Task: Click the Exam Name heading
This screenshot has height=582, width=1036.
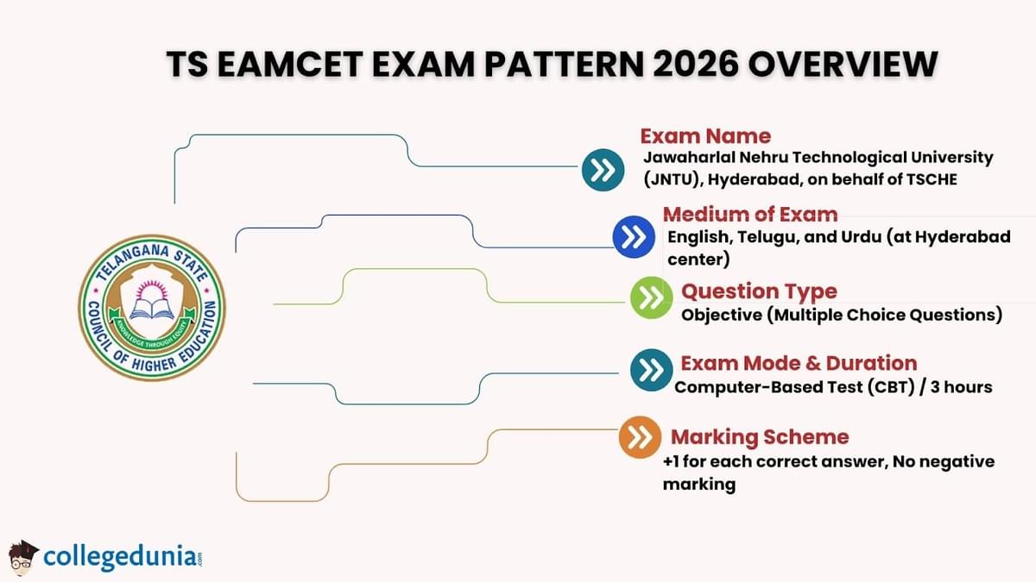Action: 704,136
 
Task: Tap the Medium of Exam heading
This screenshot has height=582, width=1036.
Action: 749,215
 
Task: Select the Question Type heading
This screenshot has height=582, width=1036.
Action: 759,291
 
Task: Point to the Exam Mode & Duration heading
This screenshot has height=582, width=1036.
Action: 799,363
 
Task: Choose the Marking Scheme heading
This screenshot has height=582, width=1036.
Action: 760,436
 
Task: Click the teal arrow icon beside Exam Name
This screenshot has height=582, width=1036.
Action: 603,170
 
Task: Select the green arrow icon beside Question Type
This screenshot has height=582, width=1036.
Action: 652,298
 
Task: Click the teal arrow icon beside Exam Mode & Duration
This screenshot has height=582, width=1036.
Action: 652,369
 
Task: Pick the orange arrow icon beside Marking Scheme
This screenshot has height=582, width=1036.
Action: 640,437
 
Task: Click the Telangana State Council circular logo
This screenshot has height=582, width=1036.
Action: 152,308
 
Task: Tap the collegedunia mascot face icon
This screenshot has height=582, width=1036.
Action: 22,555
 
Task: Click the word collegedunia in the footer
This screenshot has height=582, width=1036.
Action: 119,554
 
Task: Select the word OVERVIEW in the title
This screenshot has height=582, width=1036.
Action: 853,66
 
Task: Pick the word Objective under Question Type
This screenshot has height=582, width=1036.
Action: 719,315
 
